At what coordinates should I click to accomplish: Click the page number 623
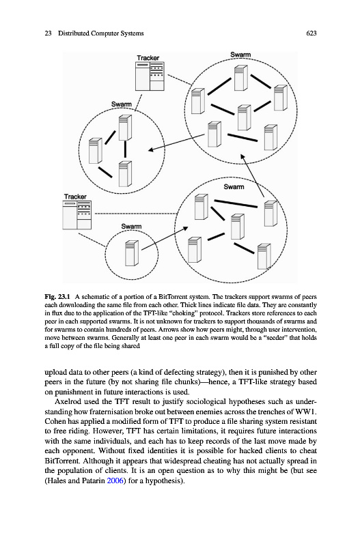pyautogui.click(x=311, y=33)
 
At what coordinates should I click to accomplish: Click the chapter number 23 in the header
pyautogui.click(x=48, y=33)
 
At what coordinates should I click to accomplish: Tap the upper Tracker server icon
pyautogui.click(x=150, y=76)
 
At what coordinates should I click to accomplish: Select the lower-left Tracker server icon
pyautogui.click(x=77, y=215)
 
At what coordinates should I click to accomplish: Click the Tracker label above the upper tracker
pyautogui.click(x=148, y=58)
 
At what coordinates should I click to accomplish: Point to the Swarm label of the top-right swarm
pyautogui.click(x=240, y=55)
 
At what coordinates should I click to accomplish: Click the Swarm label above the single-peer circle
pyautogui.click(x=131, y=227)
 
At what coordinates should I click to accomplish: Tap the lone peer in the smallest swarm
pyautogui.click(x=132, y=253)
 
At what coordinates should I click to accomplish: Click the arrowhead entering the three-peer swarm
pyautogui.click(x=150, y=150)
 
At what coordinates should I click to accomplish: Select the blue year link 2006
pyautogui.click(x=115, y=481)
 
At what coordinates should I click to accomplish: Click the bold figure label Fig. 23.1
pyautogui.click(x=57, y=297)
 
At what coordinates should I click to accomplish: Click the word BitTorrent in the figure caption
pyautogui.click(x=173, y=297)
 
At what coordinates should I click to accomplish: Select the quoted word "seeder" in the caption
pyautogui.click(x=277, y=338)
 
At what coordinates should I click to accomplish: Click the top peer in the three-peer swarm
pyautogui.click(x=125, y=128)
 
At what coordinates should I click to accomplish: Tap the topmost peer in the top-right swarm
pyautogui.click(x=241, y=78)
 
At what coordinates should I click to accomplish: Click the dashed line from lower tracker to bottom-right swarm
pyautogui.click(x=135, y=214)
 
